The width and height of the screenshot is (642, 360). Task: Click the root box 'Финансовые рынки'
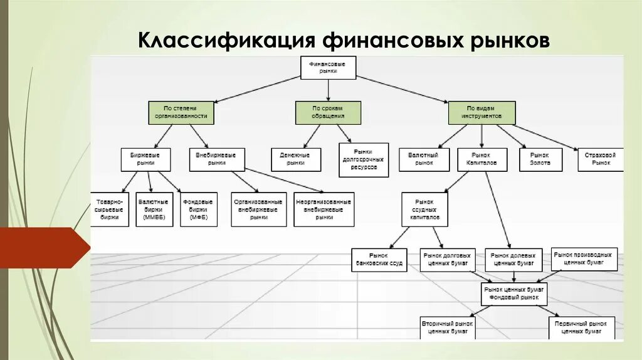point(328,68)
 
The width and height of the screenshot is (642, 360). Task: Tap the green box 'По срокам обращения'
point(328,112)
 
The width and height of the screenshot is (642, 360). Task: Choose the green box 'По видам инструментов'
point(481,112)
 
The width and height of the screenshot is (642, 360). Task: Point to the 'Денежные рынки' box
point(296,159)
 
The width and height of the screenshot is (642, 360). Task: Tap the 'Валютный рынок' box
point(424,159)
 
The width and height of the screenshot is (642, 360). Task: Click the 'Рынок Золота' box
point(540,159)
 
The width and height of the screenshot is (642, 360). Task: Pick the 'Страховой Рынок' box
point(601,159)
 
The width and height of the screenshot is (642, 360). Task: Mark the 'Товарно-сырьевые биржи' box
point(110,209)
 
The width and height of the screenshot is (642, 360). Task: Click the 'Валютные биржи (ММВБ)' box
point(154,209)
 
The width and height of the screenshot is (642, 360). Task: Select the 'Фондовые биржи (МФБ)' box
point(198,209)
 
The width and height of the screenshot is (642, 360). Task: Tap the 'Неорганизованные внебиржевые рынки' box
point(324,209)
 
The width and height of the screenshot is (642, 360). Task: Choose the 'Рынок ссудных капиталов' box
point(425,209)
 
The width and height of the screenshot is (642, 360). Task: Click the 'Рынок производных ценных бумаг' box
point(584,259)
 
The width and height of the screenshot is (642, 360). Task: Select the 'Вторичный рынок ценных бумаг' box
point(448,327)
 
